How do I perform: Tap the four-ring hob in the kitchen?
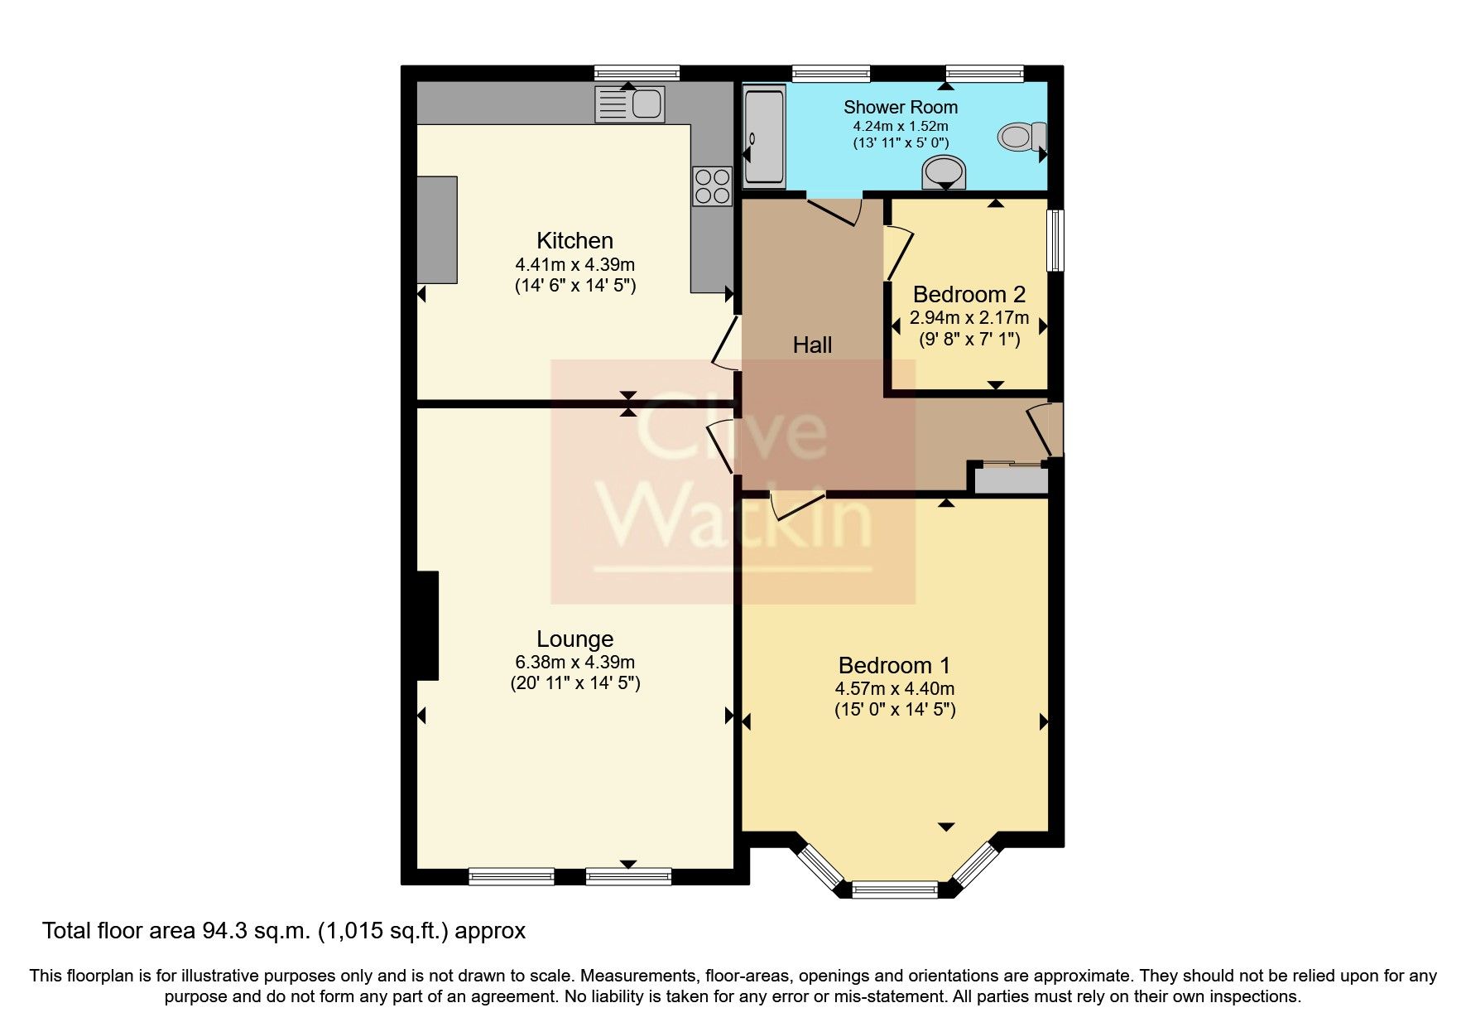coord(713,186)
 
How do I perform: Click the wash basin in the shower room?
coord(944,174)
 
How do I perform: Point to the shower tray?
coord(762,137)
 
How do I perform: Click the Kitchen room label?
coord(574,241)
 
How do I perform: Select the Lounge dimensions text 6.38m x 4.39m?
coord(574,663)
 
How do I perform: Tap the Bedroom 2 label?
coord(969,294)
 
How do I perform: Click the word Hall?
coord(812,345)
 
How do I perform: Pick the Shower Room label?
coord(900,107)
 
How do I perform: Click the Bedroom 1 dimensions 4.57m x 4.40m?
coord(894,689)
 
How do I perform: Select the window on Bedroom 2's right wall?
coord(1055,240)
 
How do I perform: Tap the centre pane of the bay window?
coord(895,890)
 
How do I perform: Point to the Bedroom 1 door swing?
coord(795,505)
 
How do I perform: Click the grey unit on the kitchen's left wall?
coord(436,229)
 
